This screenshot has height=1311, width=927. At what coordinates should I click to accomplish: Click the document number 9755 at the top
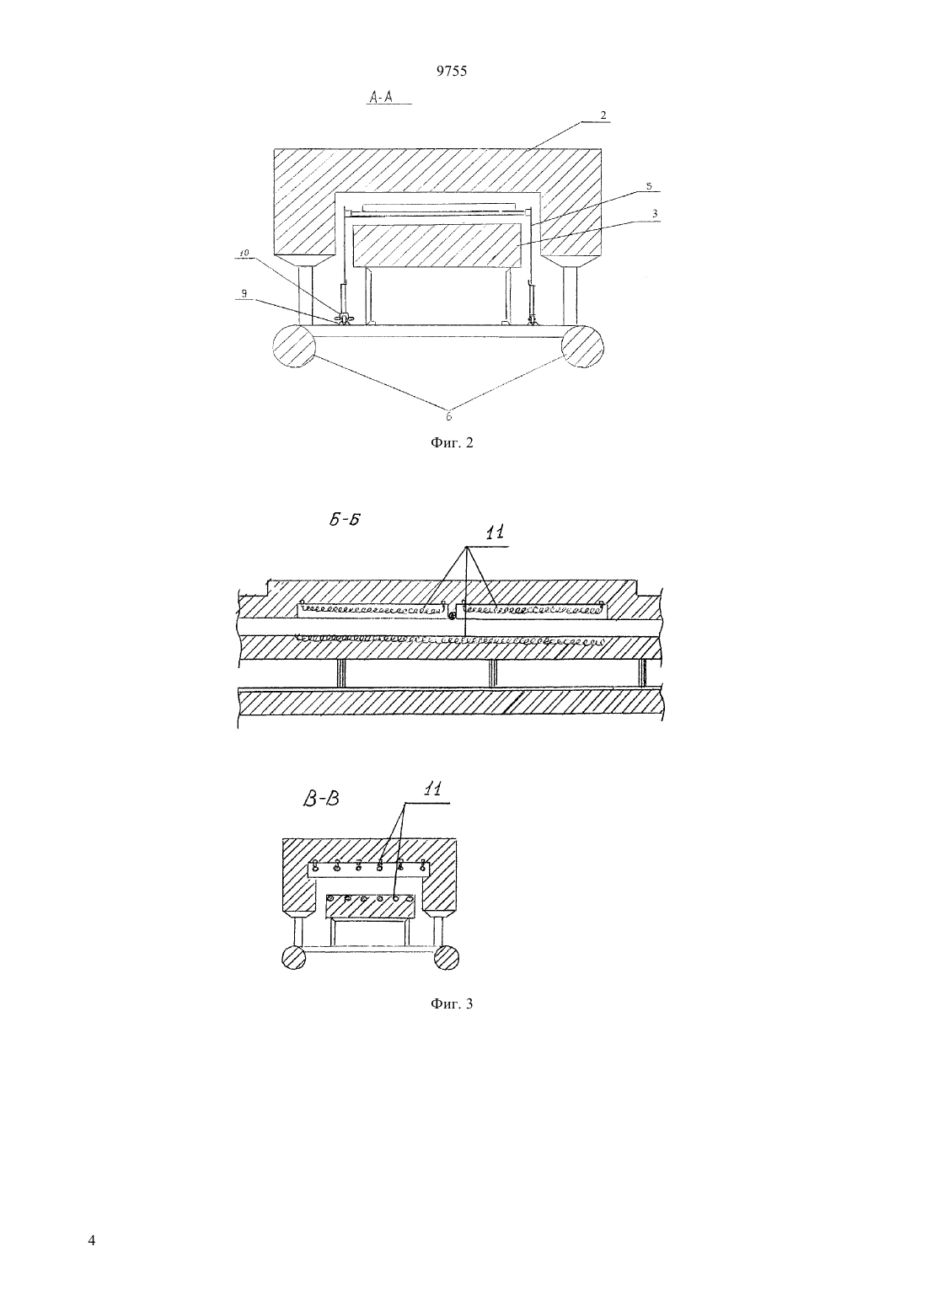click(452, 72)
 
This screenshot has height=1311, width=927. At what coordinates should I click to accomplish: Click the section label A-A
click(381, 97)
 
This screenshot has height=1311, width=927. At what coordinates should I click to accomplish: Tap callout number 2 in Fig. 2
click(603, 115)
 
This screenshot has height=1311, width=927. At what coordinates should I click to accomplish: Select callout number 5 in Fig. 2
click(648, 185)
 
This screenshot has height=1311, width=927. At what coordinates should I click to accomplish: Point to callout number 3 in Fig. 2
click(654, 214)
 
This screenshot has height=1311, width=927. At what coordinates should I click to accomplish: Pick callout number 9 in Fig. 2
click(244, 293)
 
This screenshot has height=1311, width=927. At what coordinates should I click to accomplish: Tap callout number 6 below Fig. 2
click(449, 416)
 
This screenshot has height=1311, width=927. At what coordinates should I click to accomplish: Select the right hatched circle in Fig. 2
click(582, 346)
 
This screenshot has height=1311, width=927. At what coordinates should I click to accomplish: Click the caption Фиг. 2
click(451, 443)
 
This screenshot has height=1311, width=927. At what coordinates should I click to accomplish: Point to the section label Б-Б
click(344, 519)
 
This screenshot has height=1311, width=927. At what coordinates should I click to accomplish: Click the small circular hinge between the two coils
click(452, 615)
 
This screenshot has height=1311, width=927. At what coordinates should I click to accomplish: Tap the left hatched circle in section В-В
click(294, 957)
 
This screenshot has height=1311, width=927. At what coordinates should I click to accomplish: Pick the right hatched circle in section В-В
click(447, 957)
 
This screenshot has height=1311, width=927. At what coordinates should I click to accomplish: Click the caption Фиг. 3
click(451, 1004)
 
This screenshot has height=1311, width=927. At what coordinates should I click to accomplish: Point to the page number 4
click(91, 1223)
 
